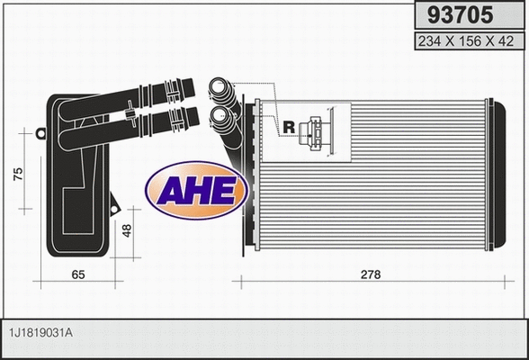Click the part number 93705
click(x=466, y=15)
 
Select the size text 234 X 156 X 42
click(x=466, y=40)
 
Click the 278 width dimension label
click(x=370, y=274)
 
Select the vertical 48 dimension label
click(x=128, y=230)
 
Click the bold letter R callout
click(x=289, y=127)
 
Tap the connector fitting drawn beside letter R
click(x=318, y=132)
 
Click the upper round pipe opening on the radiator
click(x=219, y=89)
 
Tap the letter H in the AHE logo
click(x=198, y=189)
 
